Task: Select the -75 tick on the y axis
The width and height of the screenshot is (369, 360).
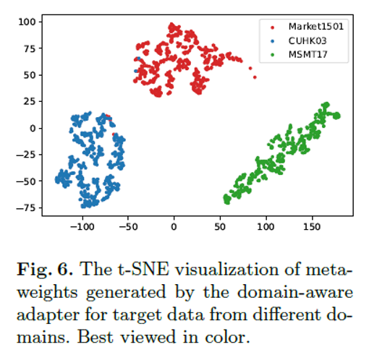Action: click(26, 207)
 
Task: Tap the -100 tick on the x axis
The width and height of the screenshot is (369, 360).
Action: click(82, 226)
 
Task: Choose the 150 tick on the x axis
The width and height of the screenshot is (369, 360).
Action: click(312, 226)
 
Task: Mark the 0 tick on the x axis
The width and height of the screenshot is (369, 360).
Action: click(174, 226)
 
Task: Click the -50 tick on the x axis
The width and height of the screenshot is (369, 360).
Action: click(128, 226)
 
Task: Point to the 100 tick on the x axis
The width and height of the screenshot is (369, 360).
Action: click(266, 226)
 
